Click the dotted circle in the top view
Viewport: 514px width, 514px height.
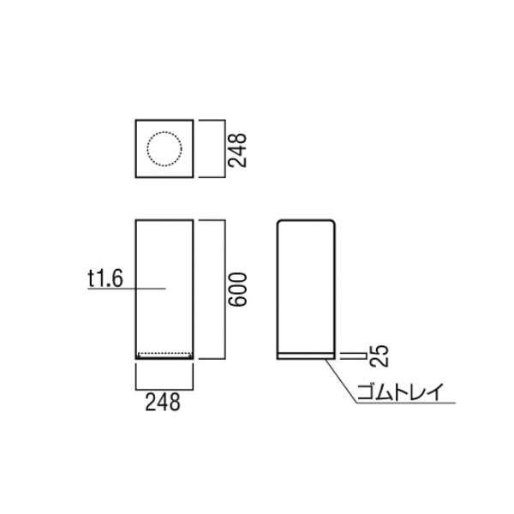click(x=164, y=132)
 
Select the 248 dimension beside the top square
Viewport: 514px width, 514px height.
click(x=237, y=151)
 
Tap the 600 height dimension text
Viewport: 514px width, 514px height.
click(x=237, y=290)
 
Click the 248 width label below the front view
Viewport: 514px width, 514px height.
click(x=163, y=403)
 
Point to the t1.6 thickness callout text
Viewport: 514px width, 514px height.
click(x=105, y=278)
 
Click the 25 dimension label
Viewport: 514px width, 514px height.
click(x=379, y=356)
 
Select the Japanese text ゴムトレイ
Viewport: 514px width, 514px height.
click(x=400, y=391)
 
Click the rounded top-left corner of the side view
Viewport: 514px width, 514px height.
click(x=279, y=222)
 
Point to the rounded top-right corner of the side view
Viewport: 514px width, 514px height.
click(x=332, y=222)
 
